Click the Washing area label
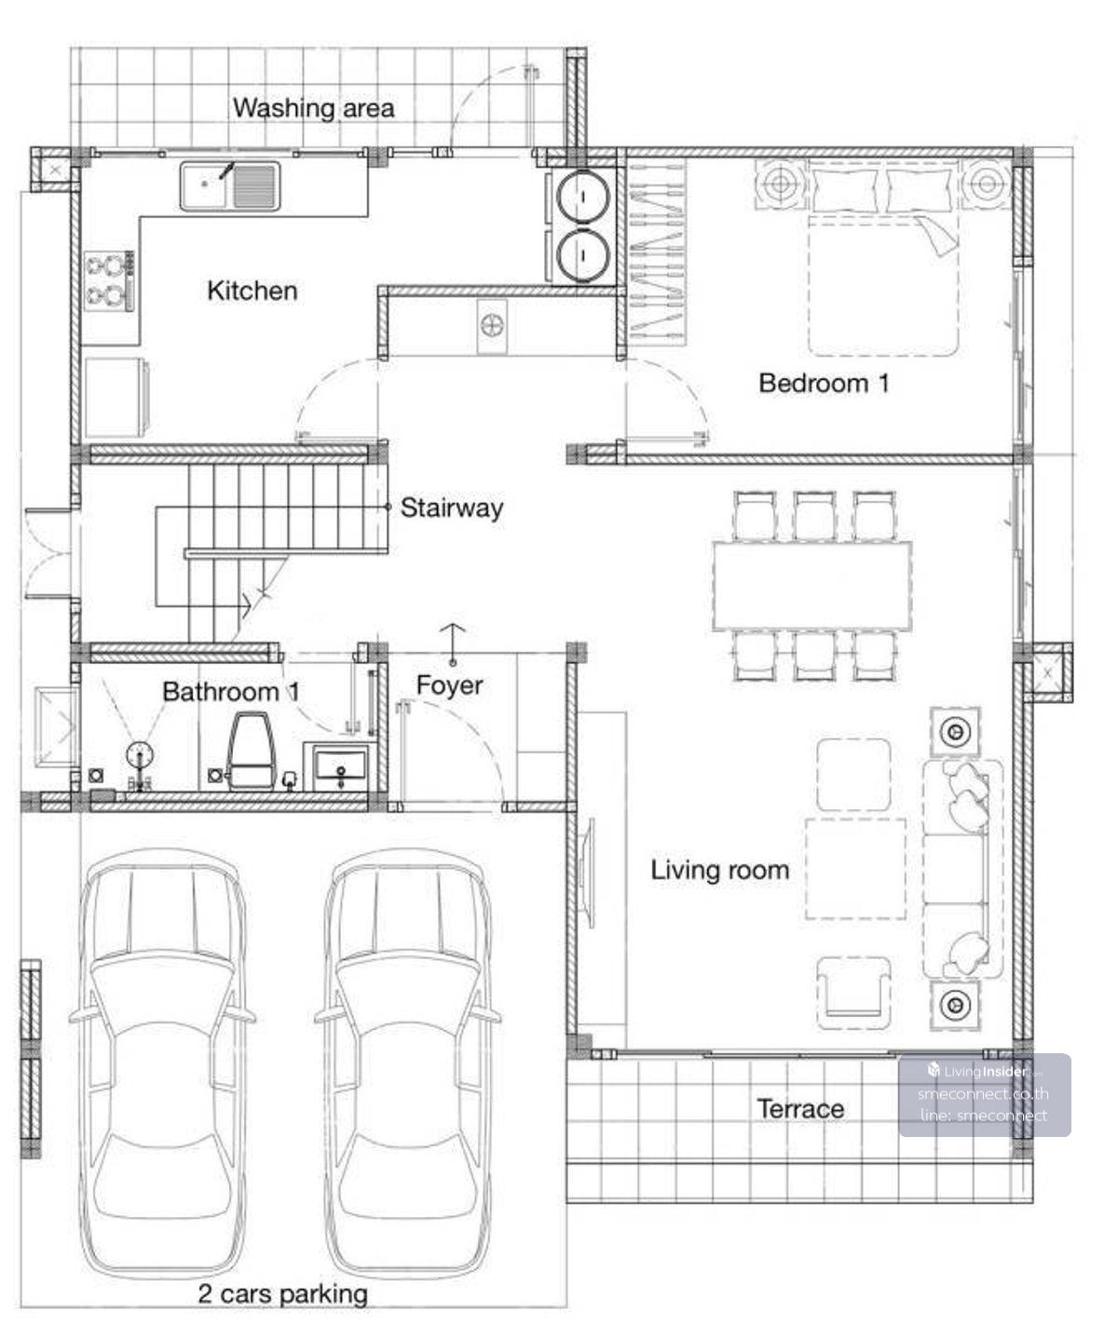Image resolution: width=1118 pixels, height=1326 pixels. [313, 108]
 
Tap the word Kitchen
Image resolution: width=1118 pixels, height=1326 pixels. [252, 291]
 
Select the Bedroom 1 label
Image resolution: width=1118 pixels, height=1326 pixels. [824, 383]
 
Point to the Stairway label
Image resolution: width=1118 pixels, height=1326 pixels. [452, 508]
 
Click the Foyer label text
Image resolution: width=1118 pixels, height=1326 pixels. [449, 685]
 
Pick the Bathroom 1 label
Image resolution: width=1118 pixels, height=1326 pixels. [231, 692]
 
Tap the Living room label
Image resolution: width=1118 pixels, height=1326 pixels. [719, 870]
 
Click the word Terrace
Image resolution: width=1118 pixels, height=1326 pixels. [801, 1109]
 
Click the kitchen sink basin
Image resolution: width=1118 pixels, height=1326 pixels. [229, 185]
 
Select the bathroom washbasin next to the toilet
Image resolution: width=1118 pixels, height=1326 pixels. [340, 767]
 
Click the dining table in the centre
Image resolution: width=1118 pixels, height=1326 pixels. [812, 586]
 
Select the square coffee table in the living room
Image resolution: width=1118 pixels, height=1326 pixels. [855, 869]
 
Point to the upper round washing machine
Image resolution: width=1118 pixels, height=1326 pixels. [583, 196]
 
